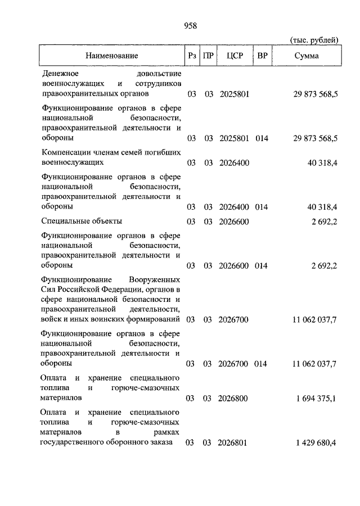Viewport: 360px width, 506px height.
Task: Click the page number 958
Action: coord(190,25)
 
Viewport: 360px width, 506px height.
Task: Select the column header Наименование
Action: coord(111,56)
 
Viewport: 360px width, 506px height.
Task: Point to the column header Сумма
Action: coord(306,56)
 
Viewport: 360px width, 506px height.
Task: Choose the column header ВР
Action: coord(262,56)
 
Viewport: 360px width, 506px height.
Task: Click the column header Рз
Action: coord(191,56)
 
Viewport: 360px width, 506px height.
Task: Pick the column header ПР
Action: coord(208,56)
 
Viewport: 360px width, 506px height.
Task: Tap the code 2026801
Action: coord(233,443)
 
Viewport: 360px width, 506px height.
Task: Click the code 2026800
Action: coord(233,399)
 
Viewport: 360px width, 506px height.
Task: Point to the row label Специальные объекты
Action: coord(82,222)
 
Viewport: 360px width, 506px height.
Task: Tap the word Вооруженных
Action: coord(154,279)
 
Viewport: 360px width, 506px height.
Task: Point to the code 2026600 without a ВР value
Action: coord(233,222)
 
